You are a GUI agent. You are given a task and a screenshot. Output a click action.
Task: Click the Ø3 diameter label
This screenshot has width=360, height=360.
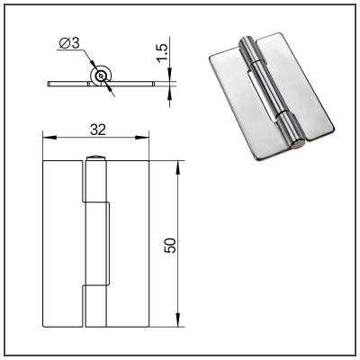pyautogui.click(x=69, y=44)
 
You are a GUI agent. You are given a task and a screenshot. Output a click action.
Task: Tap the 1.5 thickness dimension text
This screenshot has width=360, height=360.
pyautogui.click(x=162, y=53)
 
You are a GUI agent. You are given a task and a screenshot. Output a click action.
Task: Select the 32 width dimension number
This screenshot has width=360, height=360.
pyautogui.click(x=98, y=130)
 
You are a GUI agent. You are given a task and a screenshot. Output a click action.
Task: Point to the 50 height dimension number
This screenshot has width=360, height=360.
pyautogui.click(x=170, y=246)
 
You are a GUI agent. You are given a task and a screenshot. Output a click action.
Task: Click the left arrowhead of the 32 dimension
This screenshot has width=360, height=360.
pyautogui.click(x=49, y=138)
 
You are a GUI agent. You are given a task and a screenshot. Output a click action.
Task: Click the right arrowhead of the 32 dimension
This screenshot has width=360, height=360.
pyautogui.click(x=142, y=138)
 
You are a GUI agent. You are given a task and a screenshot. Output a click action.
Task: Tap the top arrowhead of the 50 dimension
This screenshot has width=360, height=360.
pyautogui.click(x=178, y=167)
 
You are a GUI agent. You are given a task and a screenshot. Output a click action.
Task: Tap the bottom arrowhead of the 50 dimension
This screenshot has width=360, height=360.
pyautogui.click(x=178, y=319)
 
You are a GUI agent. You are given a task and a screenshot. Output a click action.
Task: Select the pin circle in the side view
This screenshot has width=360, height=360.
pyautogui.click(x=101, y=76)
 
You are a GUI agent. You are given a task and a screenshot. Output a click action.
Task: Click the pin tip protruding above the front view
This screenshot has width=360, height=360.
pyautogui.click(x=95, y=157)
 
